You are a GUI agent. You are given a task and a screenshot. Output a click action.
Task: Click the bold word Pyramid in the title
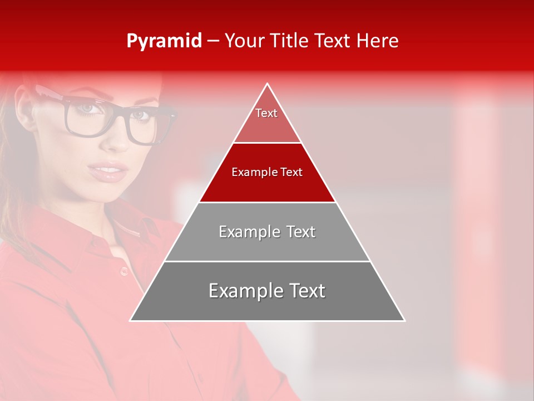164,41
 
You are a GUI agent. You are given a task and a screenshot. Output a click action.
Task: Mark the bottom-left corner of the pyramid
130,321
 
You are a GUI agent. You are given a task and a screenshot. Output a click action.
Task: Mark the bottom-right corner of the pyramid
405,321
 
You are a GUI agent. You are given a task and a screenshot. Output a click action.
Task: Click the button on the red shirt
123,271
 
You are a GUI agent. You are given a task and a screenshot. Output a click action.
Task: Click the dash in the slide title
213,41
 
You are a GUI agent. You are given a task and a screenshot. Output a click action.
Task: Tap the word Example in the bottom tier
240,291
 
